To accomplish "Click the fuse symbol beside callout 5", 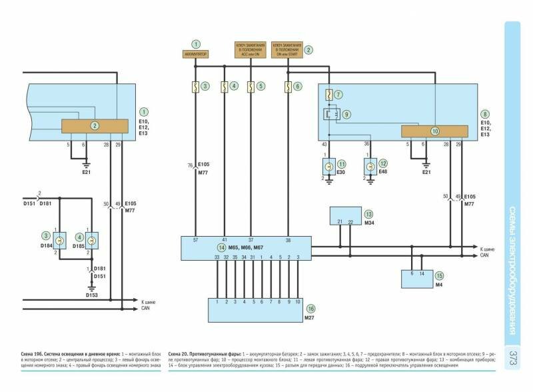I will (250, 86).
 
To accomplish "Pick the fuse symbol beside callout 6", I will (288, 86).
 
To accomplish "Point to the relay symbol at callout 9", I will (330, 113).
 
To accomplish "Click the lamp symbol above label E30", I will (328, 164).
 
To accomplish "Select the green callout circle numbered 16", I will (310, 309).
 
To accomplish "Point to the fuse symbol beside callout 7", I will (330, 96).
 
